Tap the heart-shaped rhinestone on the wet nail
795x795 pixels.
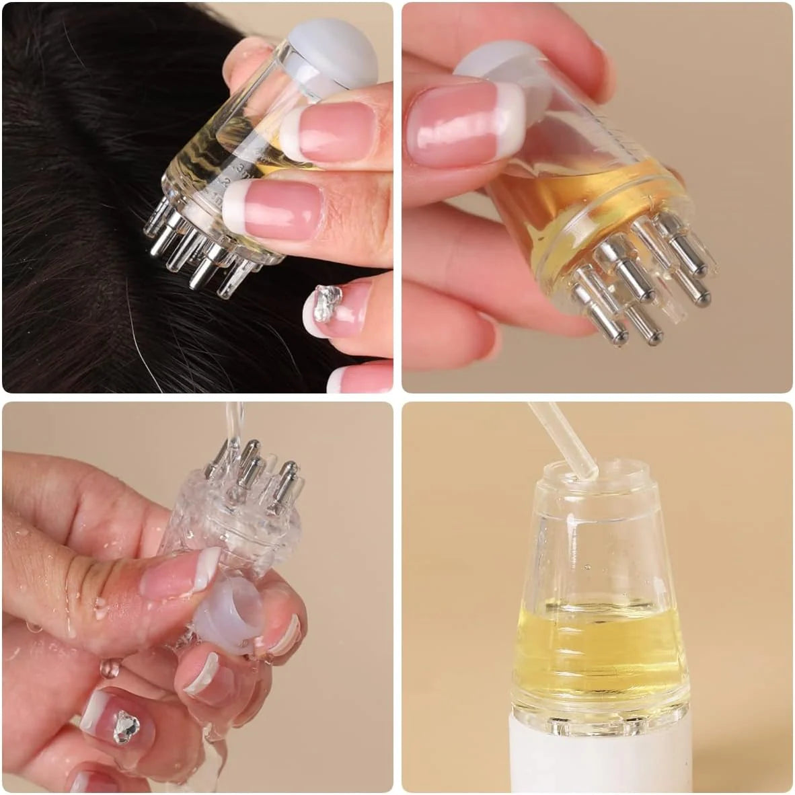125,726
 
